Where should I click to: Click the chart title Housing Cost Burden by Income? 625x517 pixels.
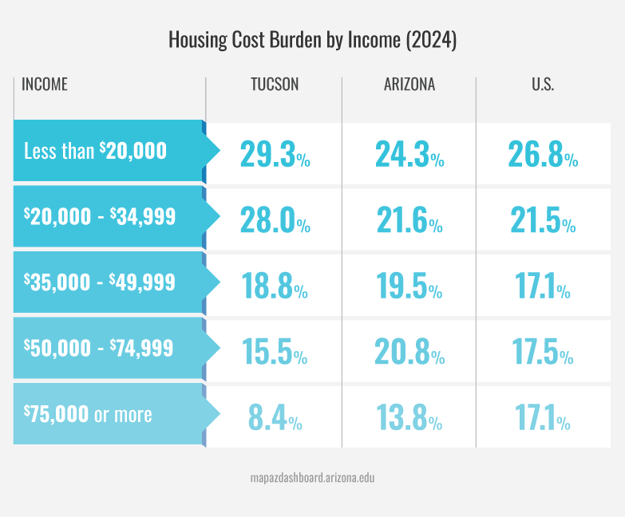coord(312,41)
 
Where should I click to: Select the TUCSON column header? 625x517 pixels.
coord(275,85)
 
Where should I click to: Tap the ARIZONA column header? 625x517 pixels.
coord(409,85)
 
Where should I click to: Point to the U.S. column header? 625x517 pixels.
coord(543,85)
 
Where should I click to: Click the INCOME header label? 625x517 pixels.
coord(45,85)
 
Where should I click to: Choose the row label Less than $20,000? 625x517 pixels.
coord(95,151)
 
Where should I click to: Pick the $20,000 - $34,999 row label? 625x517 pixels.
coord(100,216)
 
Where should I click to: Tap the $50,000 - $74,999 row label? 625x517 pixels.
coord(100,348)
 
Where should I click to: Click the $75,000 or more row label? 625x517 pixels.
coord(88,414)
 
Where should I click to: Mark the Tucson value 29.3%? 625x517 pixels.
coord(275,155)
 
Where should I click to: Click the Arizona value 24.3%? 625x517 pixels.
coord(409,155)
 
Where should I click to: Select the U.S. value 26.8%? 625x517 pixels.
coord(543,155)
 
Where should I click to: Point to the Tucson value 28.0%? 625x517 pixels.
coord(275,221)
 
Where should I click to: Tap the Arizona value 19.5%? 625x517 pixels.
coord(409,286)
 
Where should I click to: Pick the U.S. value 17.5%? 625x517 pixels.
coord(543,353)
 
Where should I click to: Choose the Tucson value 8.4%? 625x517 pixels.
coord(275,418)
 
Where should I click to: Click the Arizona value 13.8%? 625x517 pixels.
coord(409,418)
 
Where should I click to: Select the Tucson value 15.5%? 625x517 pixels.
coord(275,353)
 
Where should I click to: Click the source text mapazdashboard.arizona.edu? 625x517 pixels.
coord(312,479)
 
